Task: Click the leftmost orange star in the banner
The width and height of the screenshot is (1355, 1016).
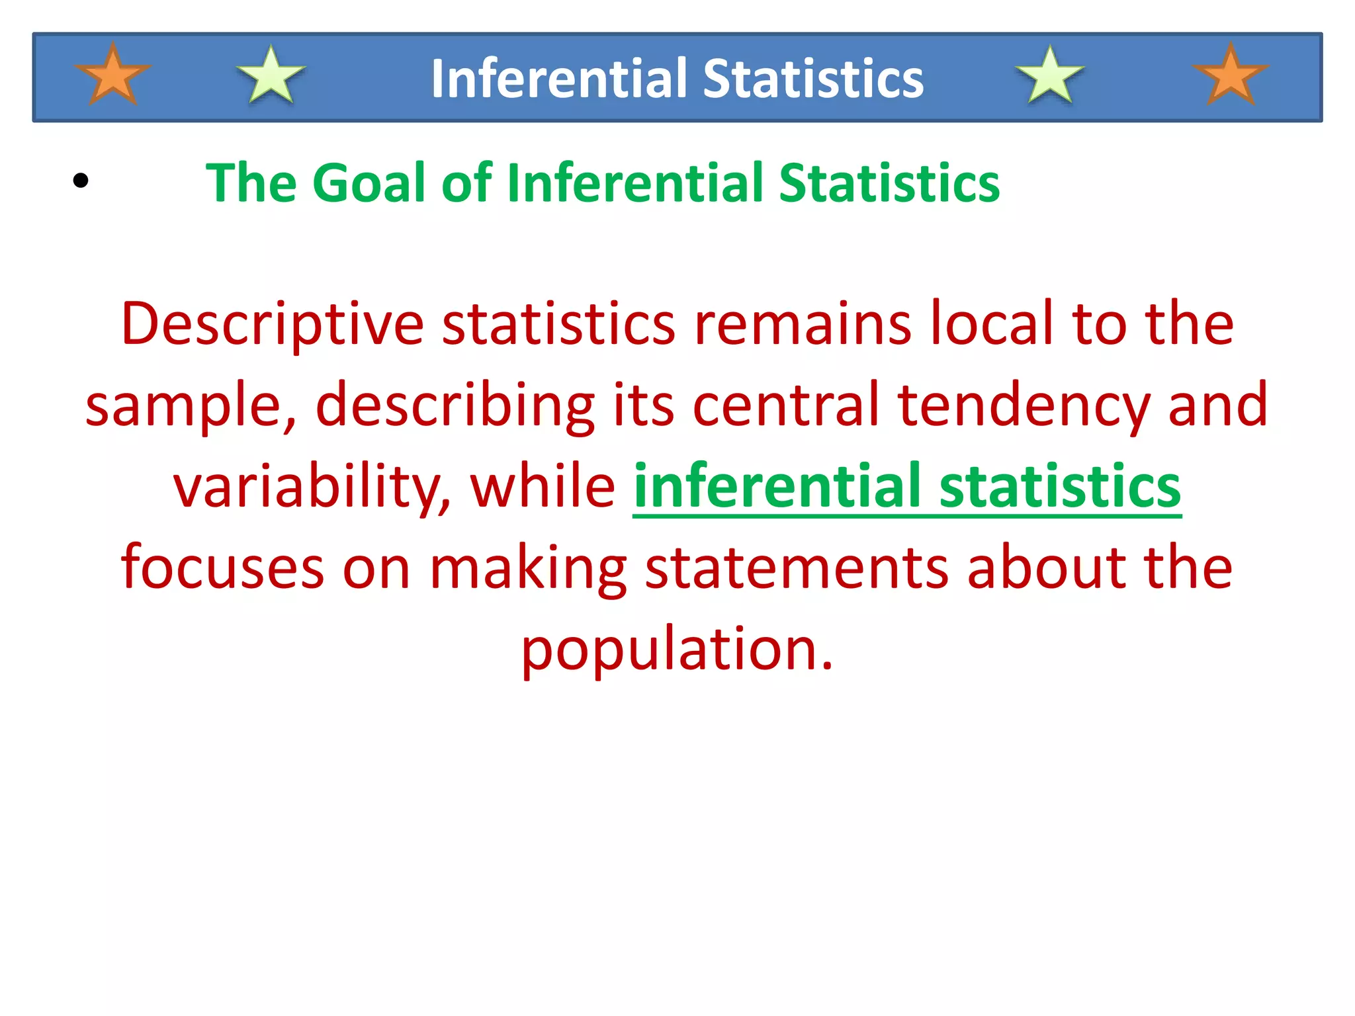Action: point(113,75)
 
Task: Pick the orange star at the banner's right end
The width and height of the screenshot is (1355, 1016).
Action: point(1230,75)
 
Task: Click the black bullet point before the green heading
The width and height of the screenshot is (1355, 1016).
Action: point(81,181)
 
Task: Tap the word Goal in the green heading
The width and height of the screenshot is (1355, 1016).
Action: point(369,183)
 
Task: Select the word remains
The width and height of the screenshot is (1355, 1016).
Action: point(803,324)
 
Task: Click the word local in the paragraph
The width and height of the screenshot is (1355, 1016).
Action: point(992,324)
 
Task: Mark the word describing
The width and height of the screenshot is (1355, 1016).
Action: point(455,406)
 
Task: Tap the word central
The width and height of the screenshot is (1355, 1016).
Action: point(786,405)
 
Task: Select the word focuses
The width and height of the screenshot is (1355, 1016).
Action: point(222,568)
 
